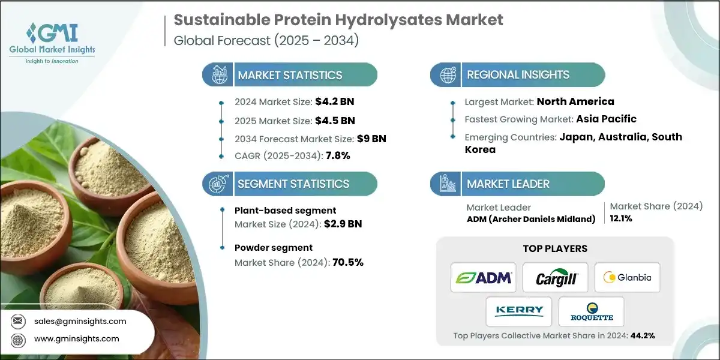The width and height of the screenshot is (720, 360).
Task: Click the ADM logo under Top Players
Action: point(483,277)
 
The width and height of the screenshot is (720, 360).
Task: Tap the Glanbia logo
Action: point(627,277)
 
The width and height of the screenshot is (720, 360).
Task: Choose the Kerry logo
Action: point(519,311)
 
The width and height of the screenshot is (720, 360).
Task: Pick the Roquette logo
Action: point(591,311)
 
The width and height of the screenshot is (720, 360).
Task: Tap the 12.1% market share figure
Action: point(621,218)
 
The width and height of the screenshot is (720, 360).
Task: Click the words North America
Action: point(575,101)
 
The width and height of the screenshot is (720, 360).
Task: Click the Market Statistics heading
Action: point(290,75)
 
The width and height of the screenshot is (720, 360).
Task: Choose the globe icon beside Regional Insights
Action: point(446,75)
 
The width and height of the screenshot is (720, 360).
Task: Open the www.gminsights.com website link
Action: point(76,338)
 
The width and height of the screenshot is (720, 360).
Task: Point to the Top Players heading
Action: point(555,248)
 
